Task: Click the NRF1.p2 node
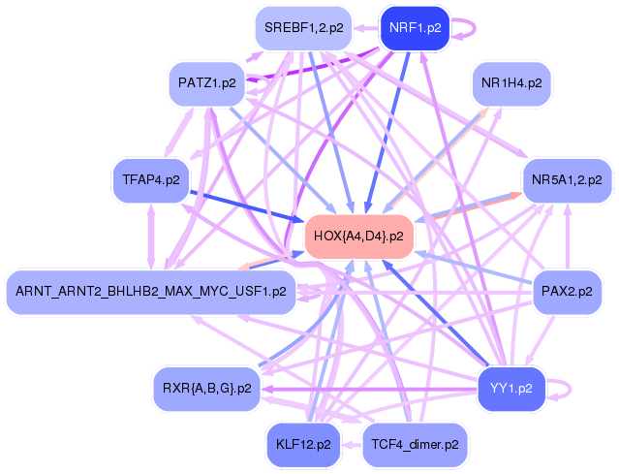click(414, 28)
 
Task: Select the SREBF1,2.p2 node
click(303, 28)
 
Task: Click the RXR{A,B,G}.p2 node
click(207, 388)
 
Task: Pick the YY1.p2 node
click(511, 388)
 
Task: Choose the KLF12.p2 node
click(303, 445)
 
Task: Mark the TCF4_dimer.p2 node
click(414, 445)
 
